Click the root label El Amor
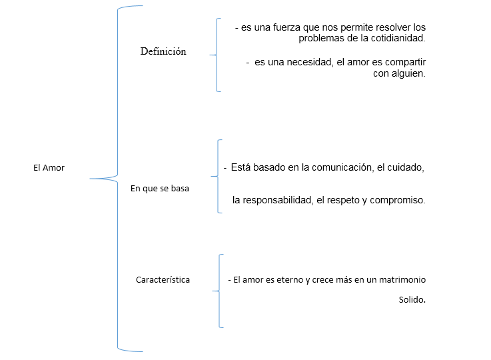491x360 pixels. click(49, 168)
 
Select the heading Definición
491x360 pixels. click(163, 51)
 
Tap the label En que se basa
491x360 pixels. click(160, 189)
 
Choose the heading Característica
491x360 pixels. click(163, 279)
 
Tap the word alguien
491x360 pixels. click(408, 73)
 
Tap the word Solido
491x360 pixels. click(412, 299)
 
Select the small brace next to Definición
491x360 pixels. click(216, 55)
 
